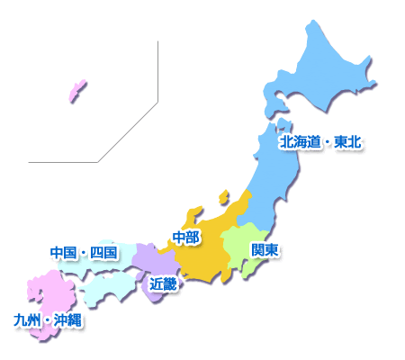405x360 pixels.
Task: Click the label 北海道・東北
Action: (x=319, y=142)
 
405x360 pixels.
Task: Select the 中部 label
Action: (x=185, y=238)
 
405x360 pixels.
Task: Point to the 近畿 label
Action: (x=162, y=284)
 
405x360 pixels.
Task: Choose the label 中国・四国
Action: (x=84, y=252)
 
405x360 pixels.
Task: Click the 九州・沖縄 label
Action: (x=49, y=319)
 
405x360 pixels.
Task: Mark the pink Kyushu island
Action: (x=45, y=292)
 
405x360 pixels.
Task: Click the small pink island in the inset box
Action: (x=77, y=90)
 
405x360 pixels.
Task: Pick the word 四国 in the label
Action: (x=103, y=252)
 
